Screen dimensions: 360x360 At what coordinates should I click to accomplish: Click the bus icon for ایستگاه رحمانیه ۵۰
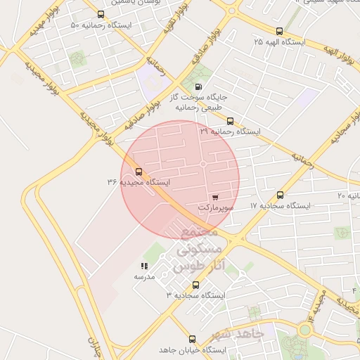(101, 14)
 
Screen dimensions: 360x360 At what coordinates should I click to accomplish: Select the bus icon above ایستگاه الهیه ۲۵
(279, 31)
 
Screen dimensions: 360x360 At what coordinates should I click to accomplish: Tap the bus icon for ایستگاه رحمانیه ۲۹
(229, 120)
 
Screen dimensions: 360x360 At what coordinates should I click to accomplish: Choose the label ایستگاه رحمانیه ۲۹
(229, 131)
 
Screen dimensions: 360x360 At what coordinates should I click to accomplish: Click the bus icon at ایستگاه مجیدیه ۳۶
(138, 171)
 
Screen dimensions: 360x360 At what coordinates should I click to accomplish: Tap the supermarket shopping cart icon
(214, 198)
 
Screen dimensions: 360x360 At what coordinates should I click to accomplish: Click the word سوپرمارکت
(214, 208)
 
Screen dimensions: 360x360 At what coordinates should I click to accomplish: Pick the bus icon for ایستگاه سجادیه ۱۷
(281, 195)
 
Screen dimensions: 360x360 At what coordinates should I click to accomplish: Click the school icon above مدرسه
(143, 266)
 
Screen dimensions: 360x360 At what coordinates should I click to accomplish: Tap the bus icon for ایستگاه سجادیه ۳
(195, 285)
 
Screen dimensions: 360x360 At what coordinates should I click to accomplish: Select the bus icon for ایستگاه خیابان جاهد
(192, 338)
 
